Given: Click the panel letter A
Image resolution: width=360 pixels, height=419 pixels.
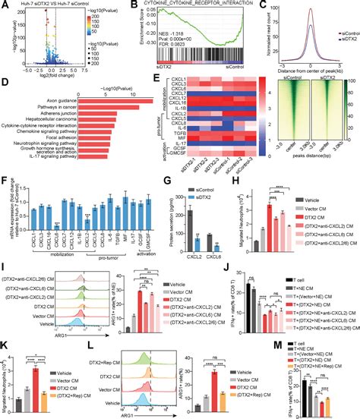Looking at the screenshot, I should click(5, 5).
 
